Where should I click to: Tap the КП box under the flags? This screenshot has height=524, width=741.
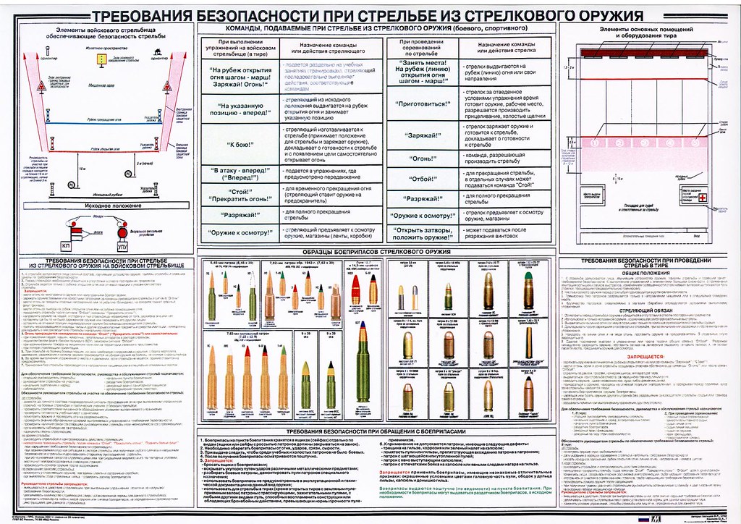(x=65, y=246)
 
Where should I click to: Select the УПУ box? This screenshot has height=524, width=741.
(x=122, y=247)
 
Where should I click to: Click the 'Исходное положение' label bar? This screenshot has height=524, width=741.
(x=101, y=206)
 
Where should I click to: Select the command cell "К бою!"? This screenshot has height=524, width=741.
(x=231, y=145)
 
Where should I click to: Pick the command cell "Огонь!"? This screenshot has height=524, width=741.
(x=422, y=157)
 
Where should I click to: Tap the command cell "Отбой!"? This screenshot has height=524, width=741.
(x=422, y=177)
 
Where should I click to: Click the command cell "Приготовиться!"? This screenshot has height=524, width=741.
(x=422, y=103)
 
